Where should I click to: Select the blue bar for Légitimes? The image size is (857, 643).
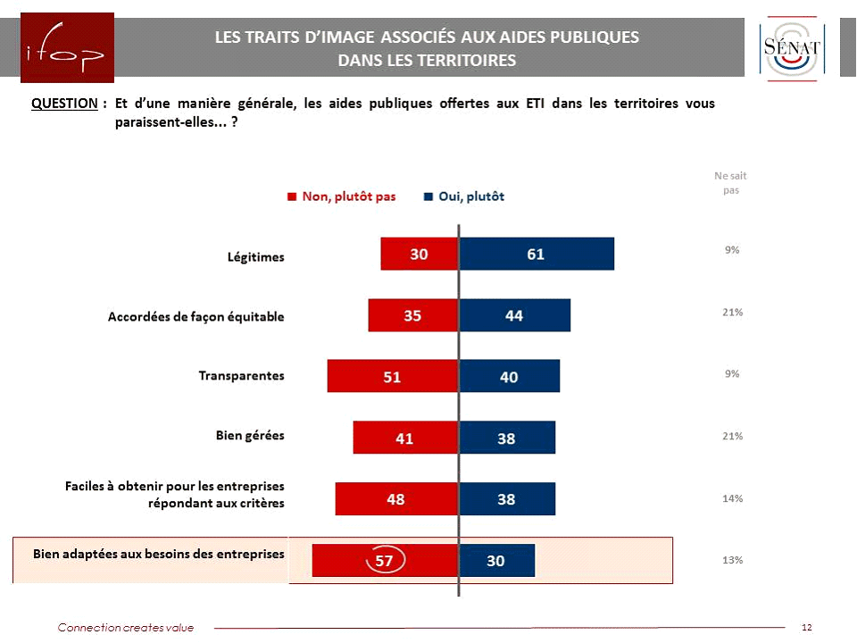(x=536, y=254)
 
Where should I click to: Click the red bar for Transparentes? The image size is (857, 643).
(x=392, y=376)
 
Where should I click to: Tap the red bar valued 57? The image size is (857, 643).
(x=385, y=560)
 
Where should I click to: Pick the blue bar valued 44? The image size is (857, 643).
(x=514, y=315)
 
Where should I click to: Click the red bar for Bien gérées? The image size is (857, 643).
(x=405, y=438)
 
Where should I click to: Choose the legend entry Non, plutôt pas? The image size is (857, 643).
(x=341, y=196)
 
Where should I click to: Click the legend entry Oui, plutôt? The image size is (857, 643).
(x=464, y=196)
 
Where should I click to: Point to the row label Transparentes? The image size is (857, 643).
(x=241, y=375)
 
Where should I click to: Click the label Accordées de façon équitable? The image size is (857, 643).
(x=196, y=316)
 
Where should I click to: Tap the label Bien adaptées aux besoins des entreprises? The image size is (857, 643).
(x=159, y=554)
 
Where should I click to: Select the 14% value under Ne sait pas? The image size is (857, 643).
(x=732, y=498)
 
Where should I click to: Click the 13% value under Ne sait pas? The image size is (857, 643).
(x=732, y=560)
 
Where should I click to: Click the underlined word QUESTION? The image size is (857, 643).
(x=64, y=104)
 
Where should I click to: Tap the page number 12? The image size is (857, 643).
(x=807, y=628)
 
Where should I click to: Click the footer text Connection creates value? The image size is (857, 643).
(x=126, y=628)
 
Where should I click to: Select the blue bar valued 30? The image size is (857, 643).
(x=496, y=560)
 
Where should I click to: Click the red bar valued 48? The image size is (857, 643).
(x=396, y=498)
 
